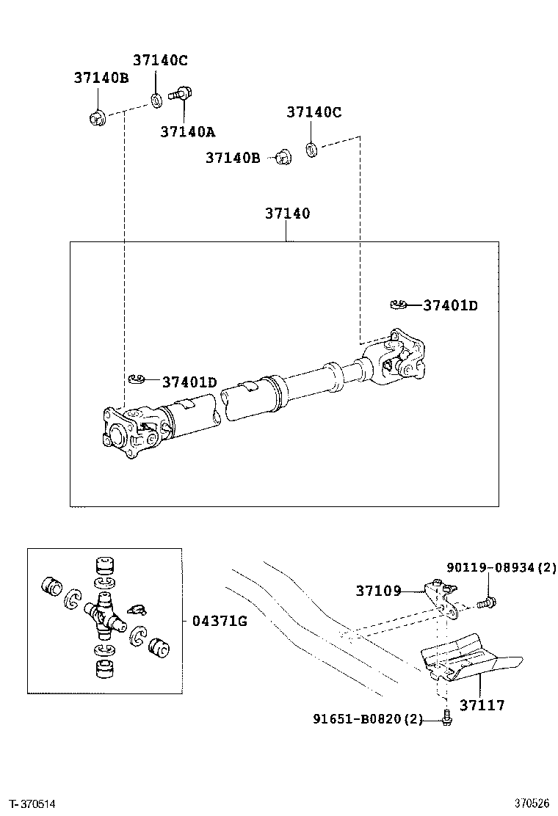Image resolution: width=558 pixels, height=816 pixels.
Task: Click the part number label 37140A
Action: [188, 132]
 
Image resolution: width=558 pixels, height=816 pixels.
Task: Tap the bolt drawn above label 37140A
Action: [181, 94]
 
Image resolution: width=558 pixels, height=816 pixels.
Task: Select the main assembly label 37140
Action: [287, 214]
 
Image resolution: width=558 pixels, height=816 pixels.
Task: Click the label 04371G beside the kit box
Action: [220, 622]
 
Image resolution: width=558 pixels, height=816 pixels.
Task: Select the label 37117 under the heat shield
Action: [482, 705]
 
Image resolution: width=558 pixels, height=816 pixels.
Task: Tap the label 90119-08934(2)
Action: [501, 567]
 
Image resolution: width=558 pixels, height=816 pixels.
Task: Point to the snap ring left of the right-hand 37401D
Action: [399, 305]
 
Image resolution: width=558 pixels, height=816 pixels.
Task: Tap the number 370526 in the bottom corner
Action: [532, 804]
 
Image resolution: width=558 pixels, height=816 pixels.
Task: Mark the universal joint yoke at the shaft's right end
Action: [396, 357]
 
